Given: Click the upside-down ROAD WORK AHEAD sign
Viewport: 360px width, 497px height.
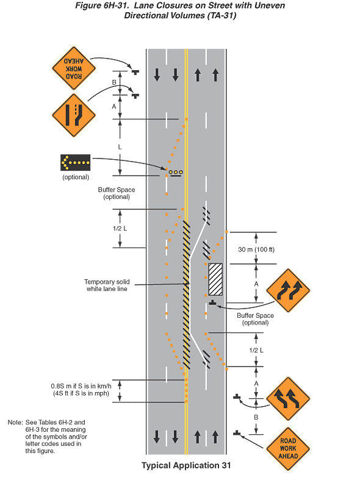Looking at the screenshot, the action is coord(74,68).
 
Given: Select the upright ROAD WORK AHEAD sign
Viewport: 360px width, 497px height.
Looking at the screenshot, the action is coord(288,448).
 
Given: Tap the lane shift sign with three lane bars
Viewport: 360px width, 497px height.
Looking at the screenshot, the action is coord(74,115).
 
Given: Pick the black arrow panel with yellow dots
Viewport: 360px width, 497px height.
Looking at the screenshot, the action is coord(76,163).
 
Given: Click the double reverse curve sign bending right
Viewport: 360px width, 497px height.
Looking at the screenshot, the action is coord(288,290).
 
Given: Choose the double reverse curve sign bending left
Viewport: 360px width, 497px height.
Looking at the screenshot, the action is coord(288,399).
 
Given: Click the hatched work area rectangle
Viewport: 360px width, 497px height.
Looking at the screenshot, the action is coord(215,279).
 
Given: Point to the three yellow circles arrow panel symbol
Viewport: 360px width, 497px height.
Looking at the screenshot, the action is coord(175,173).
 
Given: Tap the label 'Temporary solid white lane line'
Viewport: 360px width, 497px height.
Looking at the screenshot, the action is coord(107,285).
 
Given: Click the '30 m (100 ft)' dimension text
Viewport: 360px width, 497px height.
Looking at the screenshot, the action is coord(256,249).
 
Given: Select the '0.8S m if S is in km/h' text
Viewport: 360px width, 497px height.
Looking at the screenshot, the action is coord(81,386).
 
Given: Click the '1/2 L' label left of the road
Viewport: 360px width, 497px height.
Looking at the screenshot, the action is coord(120,228).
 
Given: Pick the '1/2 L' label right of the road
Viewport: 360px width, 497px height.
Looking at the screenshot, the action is coord(256,350).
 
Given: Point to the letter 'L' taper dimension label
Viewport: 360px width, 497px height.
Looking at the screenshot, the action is coord(120,147).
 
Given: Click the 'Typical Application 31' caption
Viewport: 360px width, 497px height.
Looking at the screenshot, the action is coord(186,465).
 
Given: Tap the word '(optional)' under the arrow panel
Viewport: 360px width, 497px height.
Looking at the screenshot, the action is coord(76,177).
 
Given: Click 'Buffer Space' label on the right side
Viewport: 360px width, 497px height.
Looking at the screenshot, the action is coord(255,315).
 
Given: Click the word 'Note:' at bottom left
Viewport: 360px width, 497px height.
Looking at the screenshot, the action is coord(15,422).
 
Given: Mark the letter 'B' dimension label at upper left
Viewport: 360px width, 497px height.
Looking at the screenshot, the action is coord(114,82).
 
